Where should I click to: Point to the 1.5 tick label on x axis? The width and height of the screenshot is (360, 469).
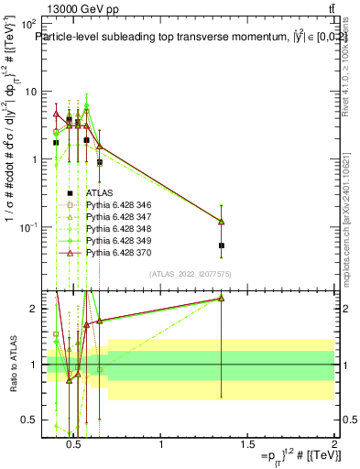point(247,446)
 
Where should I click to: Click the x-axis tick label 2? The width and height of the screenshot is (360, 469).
point(333,446)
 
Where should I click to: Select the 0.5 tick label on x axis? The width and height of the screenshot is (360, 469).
point(77,446)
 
